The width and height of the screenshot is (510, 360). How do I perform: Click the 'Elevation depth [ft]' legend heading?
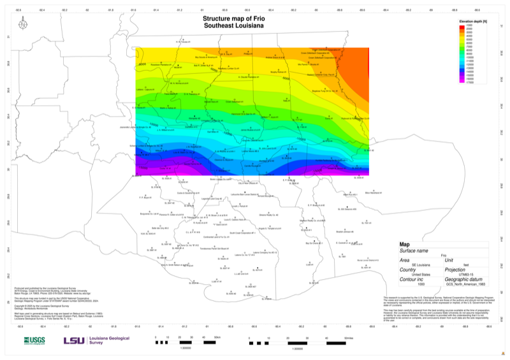coord(472,21)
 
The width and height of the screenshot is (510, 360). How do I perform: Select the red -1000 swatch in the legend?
coord(464,25)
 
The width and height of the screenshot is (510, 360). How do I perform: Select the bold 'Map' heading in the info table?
coord(405,244)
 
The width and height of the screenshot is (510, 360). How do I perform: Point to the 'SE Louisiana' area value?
coord(422,264)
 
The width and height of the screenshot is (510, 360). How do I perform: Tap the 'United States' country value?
coord(421,274)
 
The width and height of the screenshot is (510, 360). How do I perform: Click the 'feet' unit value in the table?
coord(466,264)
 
